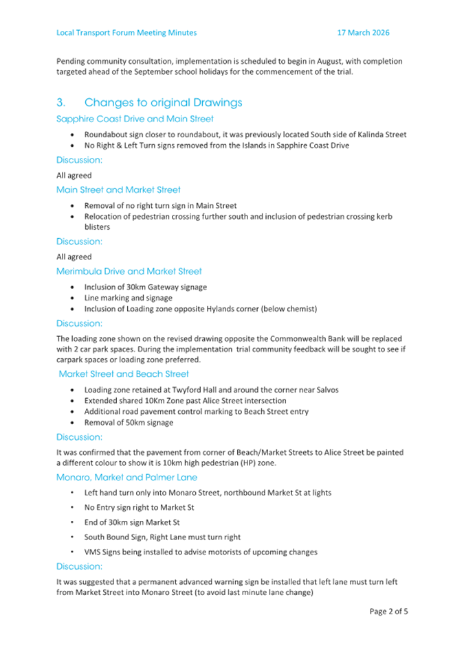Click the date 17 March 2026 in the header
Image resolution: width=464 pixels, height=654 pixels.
364,32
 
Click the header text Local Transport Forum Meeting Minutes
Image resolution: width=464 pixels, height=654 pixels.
126,32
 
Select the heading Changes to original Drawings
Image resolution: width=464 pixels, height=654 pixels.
163,103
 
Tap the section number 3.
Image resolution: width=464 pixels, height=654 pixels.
60,103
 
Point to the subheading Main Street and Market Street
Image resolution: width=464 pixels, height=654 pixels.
118,189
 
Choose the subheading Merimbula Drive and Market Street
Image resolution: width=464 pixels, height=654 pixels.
129,271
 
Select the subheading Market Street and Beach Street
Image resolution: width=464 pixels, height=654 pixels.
124,374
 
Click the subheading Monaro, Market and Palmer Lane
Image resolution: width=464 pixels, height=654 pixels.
126,477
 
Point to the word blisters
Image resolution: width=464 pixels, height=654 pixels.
97,227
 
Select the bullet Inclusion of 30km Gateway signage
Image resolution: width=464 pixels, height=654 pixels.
145,286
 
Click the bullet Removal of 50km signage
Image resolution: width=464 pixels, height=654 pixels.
129,423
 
